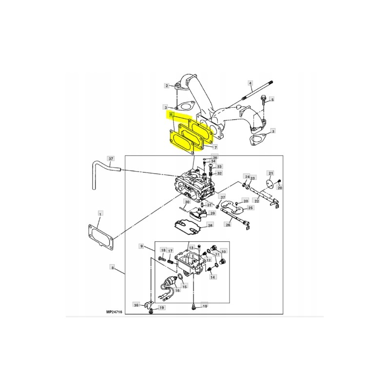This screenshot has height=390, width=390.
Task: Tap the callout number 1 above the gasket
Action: tap(100, 214)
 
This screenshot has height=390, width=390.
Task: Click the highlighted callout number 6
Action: tap(171, 115)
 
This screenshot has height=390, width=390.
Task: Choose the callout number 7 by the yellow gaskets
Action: tap(215, 147)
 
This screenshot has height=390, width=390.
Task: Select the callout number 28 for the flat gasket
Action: tap(210, 225)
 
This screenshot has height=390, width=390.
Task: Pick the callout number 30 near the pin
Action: tap(187, 202)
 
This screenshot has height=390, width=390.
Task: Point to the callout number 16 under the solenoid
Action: tap(177, 290)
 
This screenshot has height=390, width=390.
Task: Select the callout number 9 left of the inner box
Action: tap(142, 246)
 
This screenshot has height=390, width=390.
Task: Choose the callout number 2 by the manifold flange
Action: tap(166, 86)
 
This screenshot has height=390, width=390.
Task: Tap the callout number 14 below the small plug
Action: tap(213, 277)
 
